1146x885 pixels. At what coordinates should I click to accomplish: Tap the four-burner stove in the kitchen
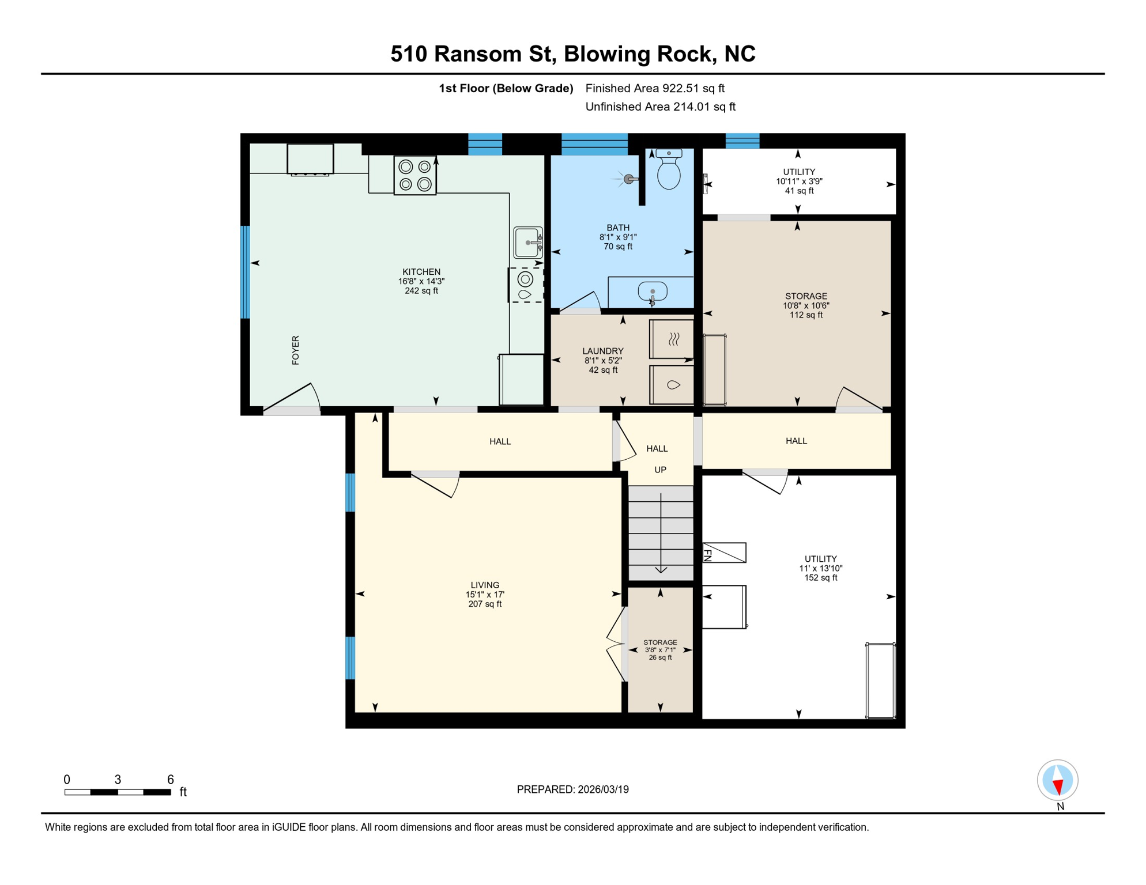(x=415, y=175)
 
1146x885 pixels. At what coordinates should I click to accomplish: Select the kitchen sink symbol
(x=528, y=243)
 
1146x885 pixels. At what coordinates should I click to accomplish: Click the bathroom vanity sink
(x=653, y=292)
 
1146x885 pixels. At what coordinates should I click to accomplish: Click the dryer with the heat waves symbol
(x=672, y=339)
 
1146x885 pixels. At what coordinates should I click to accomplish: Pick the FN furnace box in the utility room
(x=725, y=553)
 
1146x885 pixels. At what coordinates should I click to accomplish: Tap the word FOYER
(x=296, y=350)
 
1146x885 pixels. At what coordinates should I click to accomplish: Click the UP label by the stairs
(x=660, y=470)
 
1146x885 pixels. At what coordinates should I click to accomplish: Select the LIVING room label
(x=485, y=585)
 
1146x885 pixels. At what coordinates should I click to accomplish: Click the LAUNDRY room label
(x=603, y=351)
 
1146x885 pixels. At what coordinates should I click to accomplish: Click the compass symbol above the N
(x=1057, y=780)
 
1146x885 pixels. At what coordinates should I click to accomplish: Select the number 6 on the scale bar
(x=171, y=780)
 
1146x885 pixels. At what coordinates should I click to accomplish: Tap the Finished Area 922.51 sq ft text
(x=655, y=88)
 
